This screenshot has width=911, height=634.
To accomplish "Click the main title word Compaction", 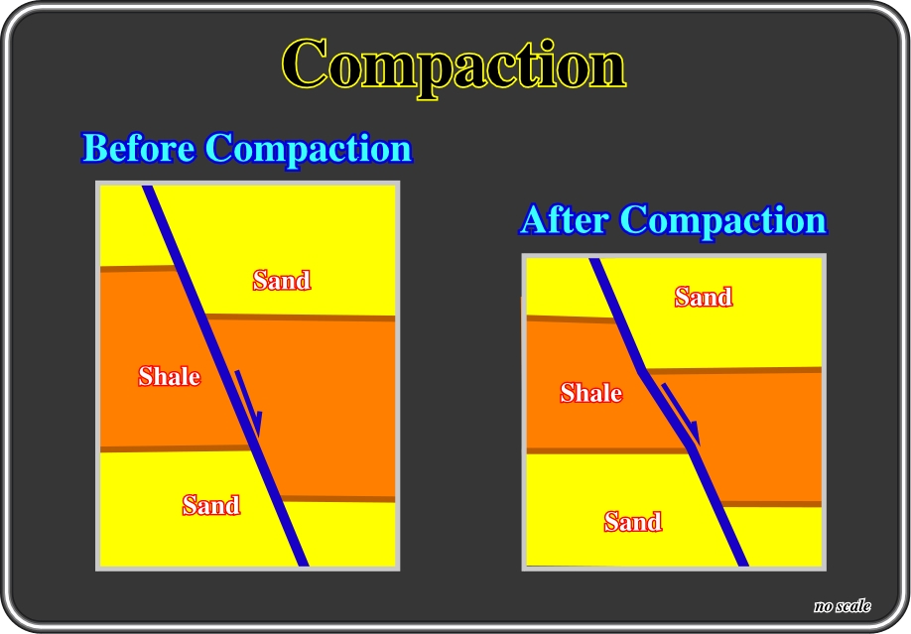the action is pos(454,65).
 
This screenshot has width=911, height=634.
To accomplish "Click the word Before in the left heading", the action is pos(138,148).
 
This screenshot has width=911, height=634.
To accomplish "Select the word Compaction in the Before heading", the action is pos(309,150).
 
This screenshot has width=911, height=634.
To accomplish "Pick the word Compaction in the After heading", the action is pos(722,221).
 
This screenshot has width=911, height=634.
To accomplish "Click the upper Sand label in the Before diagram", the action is pos(282,280).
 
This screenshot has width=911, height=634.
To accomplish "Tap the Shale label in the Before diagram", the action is pos(169,376).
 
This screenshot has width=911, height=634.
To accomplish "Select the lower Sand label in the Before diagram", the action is pos(211,504).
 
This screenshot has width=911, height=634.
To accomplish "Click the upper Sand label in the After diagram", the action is pos(704,297).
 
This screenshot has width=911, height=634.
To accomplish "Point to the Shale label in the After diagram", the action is pos(590,393).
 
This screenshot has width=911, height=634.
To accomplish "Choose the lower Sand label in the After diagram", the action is pos(633,521).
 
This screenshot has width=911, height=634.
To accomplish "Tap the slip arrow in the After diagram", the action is pos(682,414).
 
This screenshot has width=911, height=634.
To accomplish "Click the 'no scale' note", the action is pos(843,606).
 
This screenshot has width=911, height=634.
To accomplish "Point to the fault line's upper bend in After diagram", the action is pos(642,371).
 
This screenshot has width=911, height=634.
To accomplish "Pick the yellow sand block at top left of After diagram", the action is pos(567,287).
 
